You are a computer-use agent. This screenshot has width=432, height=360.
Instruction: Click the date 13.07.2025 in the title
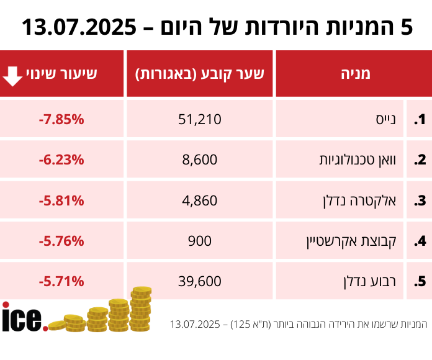pyautogui.click(x=79, y=27)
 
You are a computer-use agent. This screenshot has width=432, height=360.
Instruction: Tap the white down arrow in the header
pyautogui.click(x=12, y=74)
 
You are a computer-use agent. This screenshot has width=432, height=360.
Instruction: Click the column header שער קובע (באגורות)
pyautogui.click(x=200, y=74)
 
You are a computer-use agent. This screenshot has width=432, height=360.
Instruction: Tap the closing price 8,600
pyautogui.click(x=200, y=160)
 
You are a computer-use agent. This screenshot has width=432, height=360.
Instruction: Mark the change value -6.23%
pyautogui.click(x=61, y=160)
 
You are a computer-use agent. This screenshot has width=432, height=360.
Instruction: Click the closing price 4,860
pyautogui.click(x=200, y=200)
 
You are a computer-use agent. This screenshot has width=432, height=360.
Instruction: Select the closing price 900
pyautogui.click(x=200, y=241)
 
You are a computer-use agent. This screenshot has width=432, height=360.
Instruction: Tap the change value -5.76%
pyautogui.click(x=61, y=241)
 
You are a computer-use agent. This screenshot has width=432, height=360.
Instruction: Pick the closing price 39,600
pyautogui.click(x=200, y=281)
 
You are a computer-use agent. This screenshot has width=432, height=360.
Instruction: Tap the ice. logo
pyautogui.click(x=24, y=317)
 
